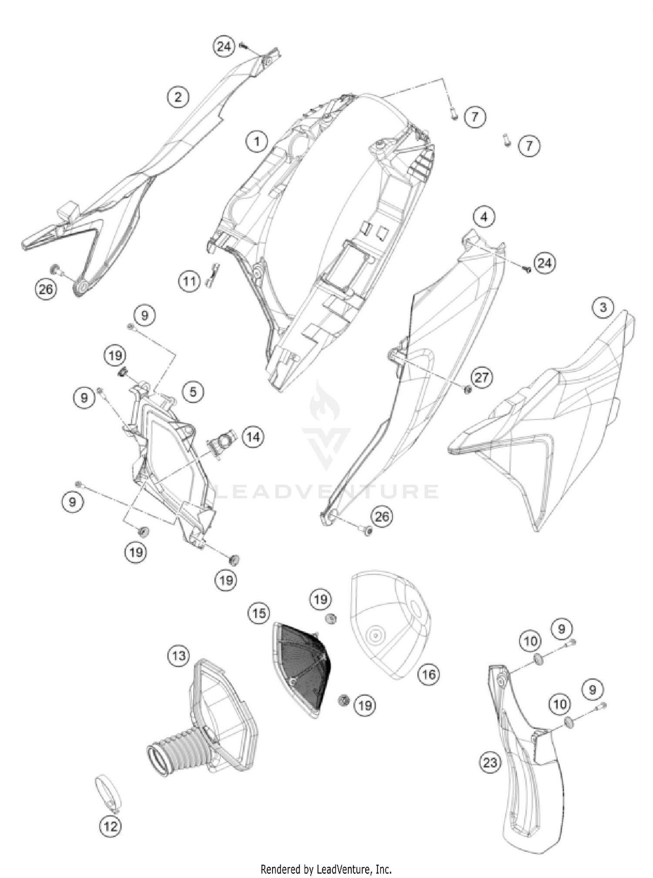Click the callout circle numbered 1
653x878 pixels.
257,141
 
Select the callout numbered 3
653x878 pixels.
603,308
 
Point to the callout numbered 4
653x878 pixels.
484,216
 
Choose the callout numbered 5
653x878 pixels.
193,392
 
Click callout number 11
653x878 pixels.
189,282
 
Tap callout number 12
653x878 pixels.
111,826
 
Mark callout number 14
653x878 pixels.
253,437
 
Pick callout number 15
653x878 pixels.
259,614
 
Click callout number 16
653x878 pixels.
428,674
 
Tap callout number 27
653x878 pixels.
481,377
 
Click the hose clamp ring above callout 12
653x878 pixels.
108,793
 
